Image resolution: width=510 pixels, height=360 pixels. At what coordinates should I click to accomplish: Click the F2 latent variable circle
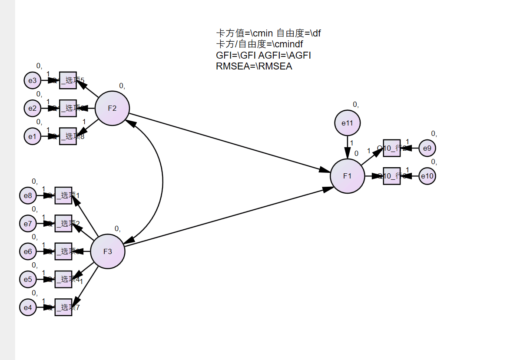point(112,108)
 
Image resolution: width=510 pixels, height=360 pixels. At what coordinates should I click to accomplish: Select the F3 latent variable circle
point(107,251)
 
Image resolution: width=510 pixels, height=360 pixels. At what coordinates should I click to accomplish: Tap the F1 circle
point(347,176)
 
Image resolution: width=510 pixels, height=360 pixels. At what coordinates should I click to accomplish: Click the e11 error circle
point(347,123)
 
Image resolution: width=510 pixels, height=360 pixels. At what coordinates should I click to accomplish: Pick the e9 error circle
point(427,149)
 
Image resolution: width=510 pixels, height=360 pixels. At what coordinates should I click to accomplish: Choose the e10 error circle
point(427,176)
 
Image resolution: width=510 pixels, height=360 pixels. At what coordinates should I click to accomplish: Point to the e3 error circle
point(32,80)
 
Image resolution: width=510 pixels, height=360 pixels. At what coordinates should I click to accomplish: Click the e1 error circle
point(32,136)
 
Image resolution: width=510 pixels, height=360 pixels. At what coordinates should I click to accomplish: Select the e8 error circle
point(28,196)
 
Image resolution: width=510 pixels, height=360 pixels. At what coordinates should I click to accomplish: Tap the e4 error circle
point(28,307)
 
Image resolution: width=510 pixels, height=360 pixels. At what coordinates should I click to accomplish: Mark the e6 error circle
point(28,251)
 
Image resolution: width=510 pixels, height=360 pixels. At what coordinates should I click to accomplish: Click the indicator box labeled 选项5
point(68,80)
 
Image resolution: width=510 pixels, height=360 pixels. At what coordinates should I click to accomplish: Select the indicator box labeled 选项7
point(63,307)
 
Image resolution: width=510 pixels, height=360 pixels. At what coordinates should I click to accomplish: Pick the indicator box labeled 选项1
point(63,196)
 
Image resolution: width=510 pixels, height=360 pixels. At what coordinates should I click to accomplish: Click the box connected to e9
point(392,149)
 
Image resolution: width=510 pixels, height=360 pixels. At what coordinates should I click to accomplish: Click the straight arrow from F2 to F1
point(226,142)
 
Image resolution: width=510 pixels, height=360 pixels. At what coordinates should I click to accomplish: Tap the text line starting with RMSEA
point(254,66)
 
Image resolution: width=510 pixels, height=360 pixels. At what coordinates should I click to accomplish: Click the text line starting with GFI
point(263,56)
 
